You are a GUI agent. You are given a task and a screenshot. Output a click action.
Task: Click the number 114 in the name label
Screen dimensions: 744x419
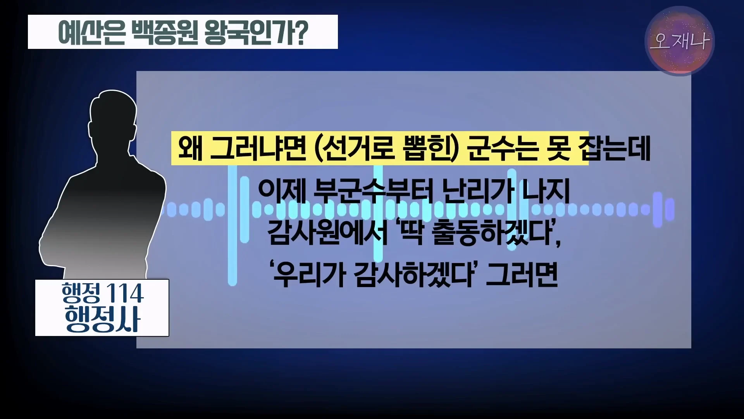point(124,294)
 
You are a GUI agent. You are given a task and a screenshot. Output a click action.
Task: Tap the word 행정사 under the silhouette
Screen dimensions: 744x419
point(102,319)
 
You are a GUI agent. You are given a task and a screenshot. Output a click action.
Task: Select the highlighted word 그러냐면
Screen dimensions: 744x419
point(258,149)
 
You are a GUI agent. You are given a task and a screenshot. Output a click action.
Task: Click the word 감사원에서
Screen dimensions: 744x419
point(327,233)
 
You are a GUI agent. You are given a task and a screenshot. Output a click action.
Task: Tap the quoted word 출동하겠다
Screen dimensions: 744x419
point(492,233)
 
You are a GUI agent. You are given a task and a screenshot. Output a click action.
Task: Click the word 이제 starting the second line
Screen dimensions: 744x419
point(282,191)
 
